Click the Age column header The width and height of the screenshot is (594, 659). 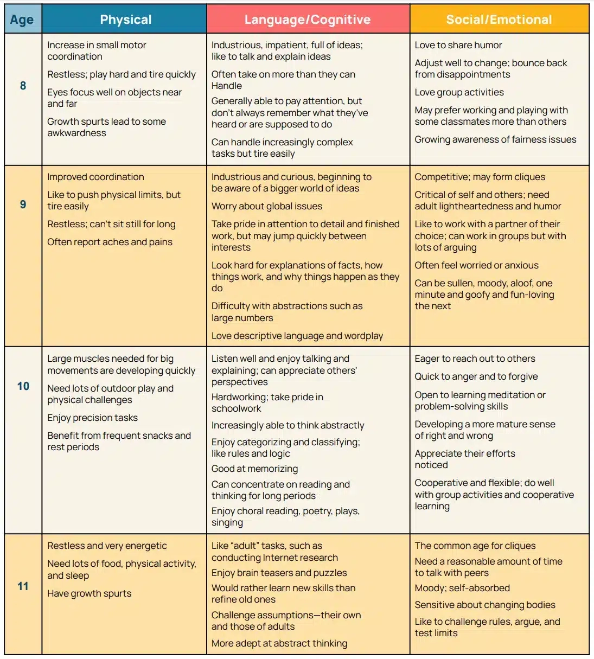coord(22,20)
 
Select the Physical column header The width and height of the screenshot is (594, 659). coord(125,20)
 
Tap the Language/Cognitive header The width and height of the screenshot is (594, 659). coord(308,20)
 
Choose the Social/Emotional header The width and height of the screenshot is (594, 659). coord(499,20)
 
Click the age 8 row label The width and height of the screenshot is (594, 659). coord(23,86)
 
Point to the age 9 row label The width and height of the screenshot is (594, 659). coord(23,204)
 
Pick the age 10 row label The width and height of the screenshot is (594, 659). coord(23,386)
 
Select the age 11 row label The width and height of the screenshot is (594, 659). coord(23,586)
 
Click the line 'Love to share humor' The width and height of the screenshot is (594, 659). coord(458,45)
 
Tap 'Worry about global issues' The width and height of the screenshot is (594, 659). coord(267,206)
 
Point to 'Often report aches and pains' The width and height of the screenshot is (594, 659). coord(110,242)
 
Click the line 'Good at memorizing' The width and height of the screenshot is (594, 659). coord(254,469)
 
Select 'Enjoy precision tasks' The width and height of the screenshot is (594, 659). coord(92,418)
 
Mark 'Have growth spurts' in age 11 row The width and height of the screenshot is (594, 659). coord(89,593)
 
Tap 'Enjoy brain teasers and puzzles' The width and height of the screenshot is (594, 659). coord(279,573)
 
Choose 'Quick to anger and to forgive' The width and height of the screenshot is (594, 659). coord(476,376)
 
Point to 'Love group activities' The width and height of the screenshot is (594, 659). coord(459,92)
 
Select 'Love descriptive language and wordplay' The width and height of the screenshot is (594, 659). coord(297,336)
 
